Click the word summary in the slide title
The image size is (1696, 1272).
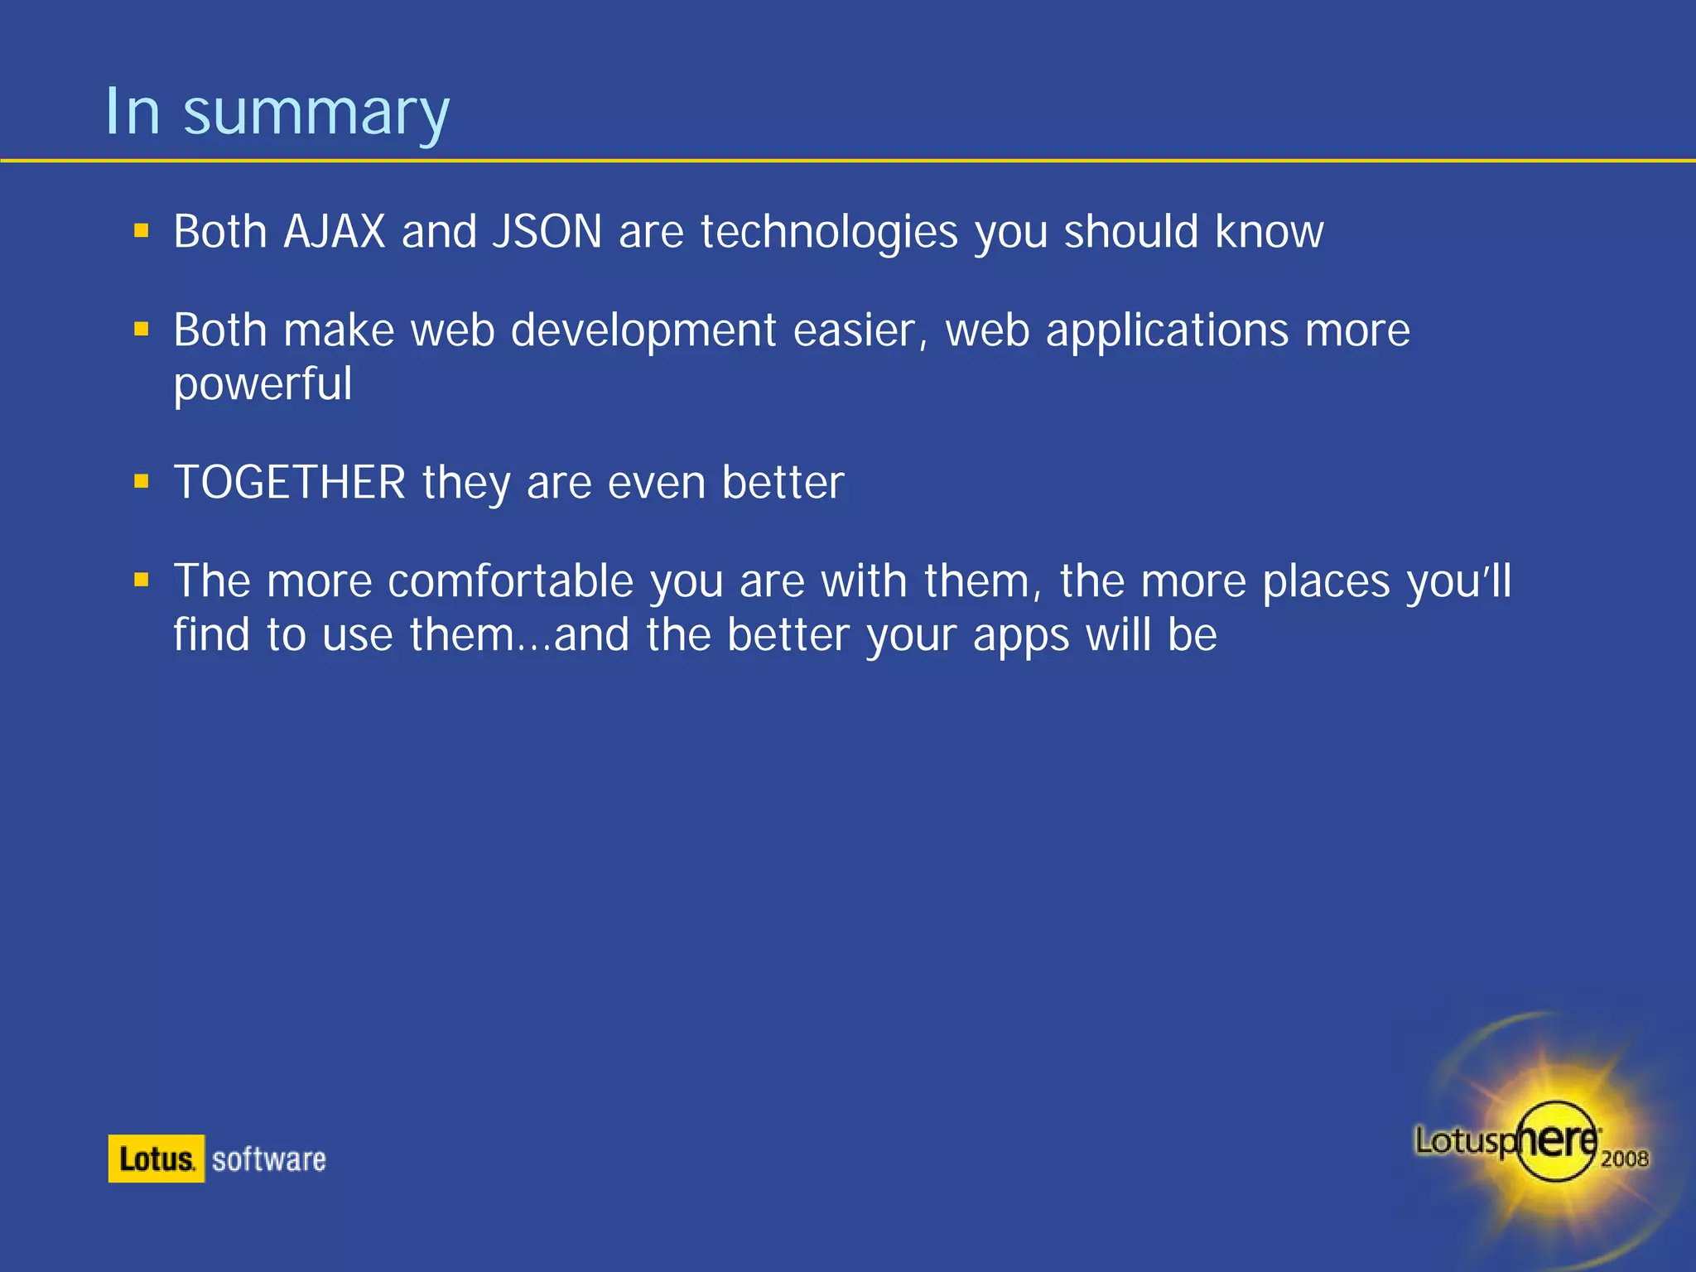[316, 114]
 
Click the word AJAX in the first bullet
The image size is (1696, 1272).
[334, 232]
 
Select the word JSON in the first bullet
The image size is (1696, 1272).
[547, 232]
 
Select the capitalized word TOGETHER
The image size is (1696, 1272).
[290, 483]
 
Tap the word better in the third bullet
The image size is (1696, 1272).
[783, 483]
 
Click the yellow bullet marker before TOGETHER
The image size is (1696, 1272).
[142, 480]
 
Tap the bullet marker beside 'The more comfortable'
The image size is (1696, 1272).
[142, 580]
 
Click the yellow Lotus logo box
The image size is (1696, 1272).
[156, 1159]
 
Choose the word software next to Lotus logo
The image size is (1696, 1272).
[268, 1159]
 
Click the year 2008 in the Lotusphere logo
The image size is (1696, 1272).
[1624, 1159]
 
